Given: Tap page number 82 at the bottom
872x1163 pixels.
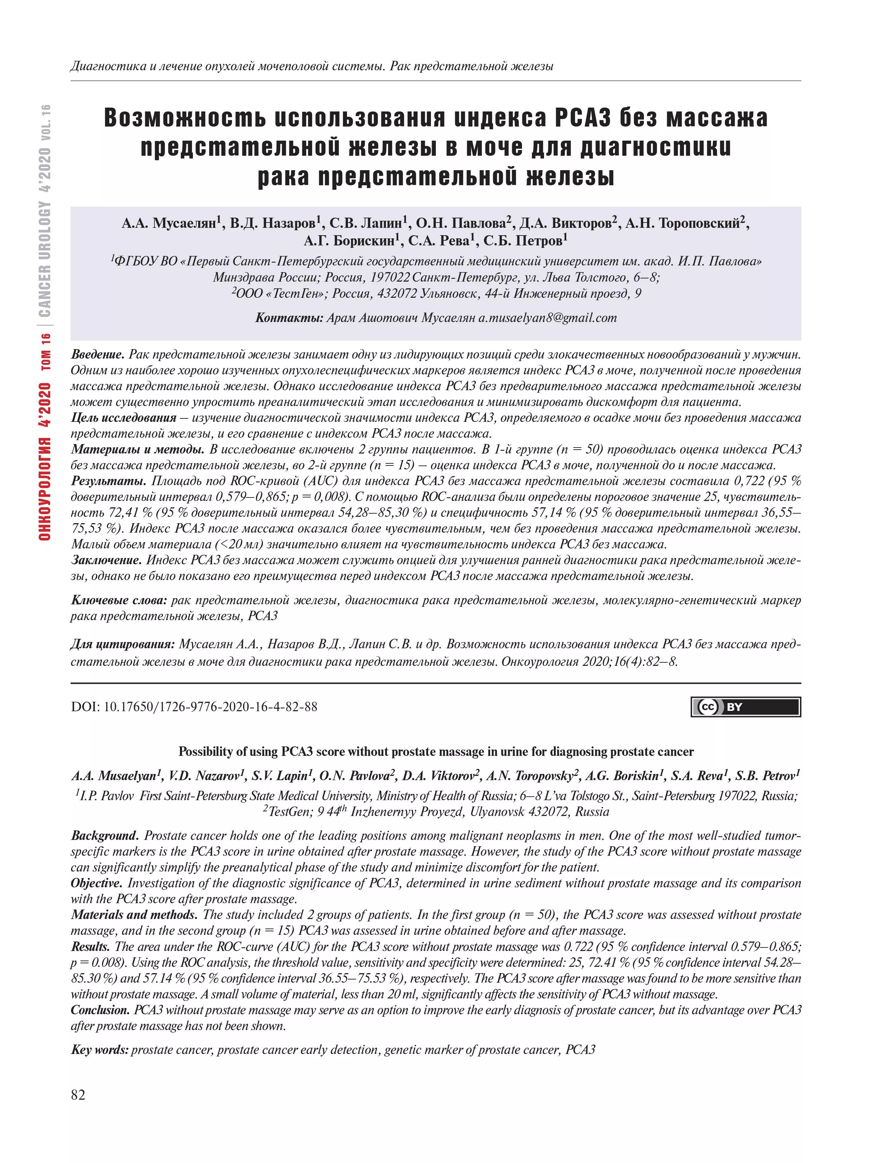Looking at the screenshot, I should click(x=78, y=1095).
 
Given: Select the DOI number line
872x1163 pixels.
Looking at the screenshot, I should click(x=194, y=706).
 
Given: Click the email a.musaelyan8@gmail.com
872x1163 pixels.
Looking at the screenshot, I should click(x=547, y=317).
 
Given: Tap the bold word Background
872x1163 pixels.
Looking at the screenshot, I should click(x=105, y=835).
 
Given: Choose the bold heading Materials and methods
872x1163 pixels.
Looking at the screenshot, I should click(x=134, y=914).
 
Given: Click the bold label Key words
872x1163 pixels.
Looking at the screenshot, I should click(x=99, y=1050).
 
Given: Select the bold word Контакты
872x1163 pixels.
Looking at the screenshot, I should click(x=289, y=317).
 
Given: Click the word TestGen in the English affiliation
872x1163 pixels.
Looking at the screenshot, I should click(x=289, y=812).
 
